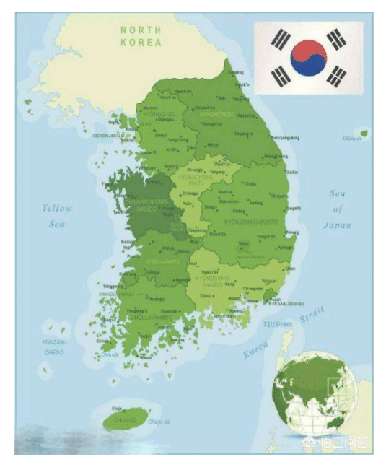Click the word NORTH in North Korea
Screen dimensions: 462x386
[141, 30]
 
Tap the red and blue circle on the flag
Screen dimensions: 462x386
[308, 58]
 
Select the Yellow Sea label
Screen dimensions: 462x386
[57, 216]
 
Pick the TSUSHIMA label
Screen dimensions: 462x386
[278, 325]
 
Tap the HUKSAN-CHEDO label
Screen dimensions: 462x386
[53, 347]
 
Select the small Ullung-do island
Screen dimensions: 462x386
[364, 133]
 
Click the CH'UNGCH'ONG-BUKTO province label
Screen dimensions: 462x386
[197, 179]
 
